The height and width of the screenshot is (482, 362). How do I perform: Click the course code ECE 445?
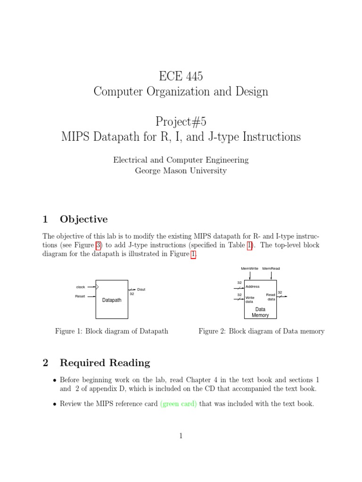181,76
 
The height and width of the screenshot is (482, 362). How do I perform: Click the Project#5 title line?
181,121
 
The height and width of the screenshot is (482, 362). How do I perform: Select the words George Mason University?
181,171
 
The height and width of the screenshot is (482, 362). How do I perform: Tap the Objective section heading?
83,219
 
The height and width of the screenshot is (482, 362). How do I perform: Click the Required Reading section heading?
105,363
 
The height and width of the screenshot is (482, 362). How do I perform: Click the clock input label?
81,287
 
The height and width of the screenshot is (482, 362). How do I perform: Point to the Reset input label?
80,296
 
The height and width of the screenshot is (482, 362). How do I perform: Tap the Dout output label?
141,289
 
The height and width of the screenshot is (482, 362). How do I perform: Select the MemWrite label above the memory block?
249,269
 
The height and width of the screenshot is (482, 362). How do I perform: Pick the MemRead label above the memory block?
271,269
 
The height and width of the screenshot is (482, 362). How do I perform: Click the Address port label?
252,286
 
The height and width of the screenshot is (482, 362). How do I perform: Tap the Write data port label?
250,299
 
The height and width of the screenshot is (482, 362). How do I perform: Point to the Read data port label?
271,297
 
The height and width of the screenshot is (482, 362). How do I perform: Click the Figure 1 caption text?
112,331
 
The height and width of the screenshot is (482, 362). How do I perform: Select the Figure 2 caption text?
261,331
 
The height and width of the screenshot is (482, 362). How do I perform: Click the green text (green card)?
179,404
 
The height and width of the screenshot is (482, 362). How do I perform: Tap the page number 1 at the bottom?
181,436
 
